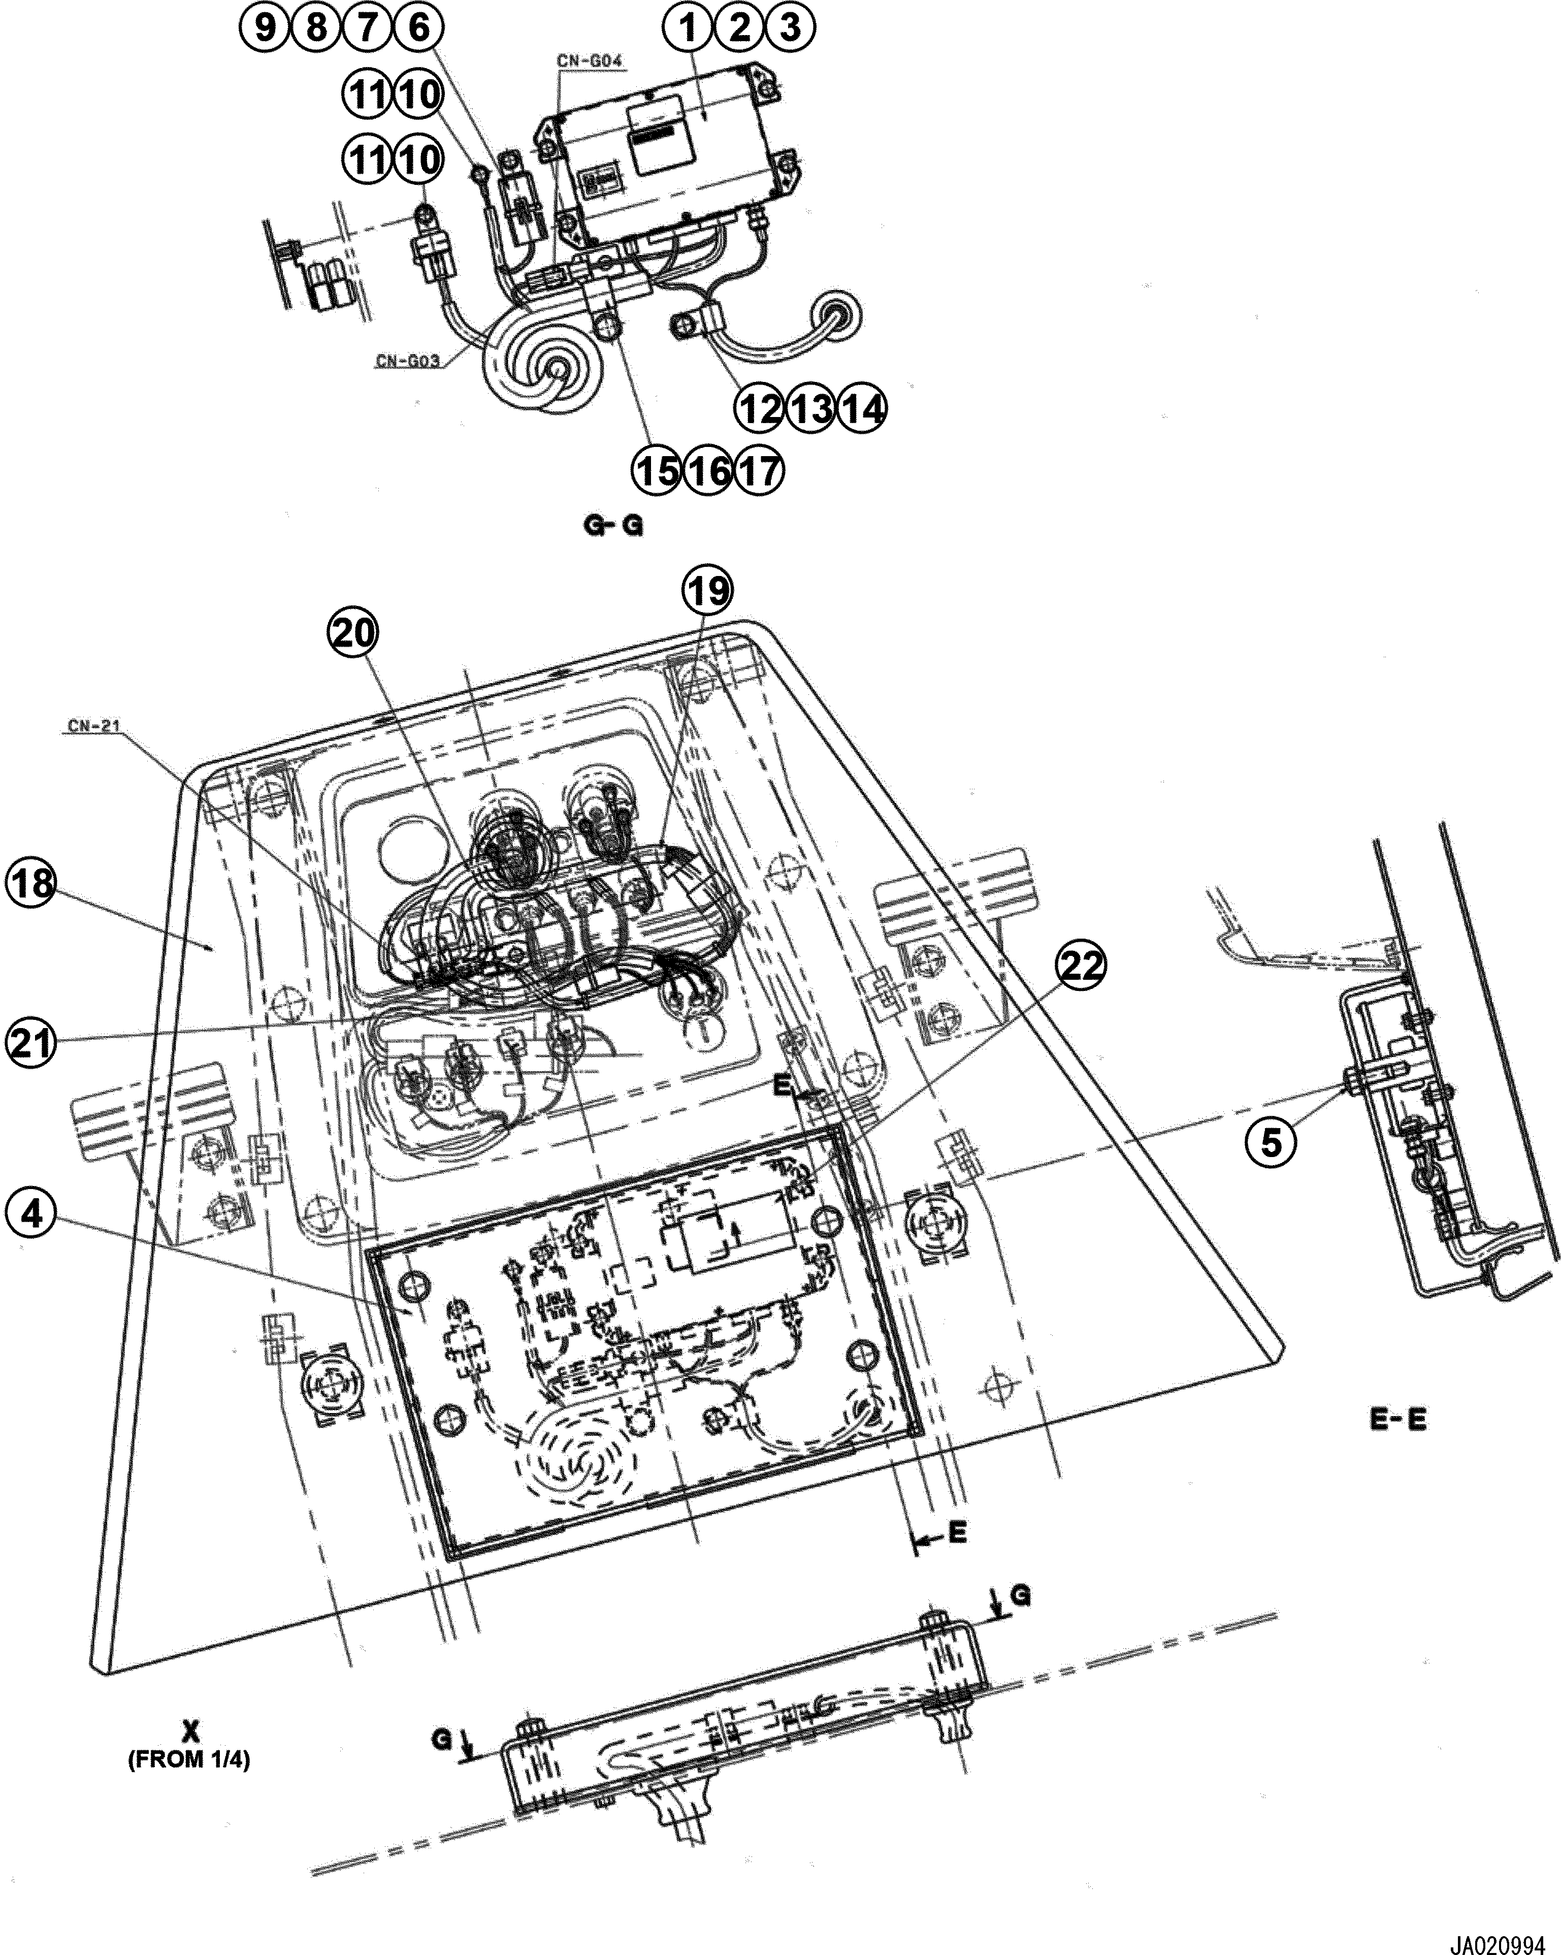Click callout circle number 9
pyautogui.click(x=265, y=27)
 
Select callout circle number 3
pyautogui.click(x=791, y=27)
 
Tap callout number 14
pyautogui.click(x=862, y=409)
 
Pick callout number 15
pyautogui.click(x=656, y=471)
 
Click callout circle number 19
pyautogui.click(x=707, y=590)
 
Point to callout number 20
pyautogui.click(x=352, y=632)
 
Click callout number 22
pyautogui.click(x=1082, y=966)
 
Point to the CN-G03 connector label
pyautogui.click(x=408, y=361)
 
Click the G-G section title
pyautogui.click(x=614, y=526)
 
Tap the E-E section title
pyautogui.click(x=1397, y=1420)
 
